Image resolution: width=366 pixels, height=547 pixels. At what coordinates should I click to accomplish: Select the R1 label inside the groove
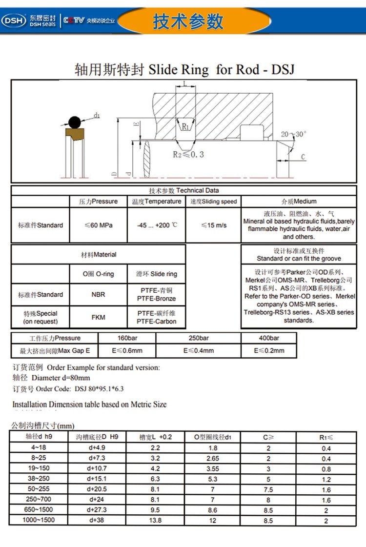(185, 127)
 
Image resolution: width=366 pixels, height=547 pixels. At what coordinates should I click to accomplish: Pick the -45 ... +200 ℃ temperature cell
(156, 225)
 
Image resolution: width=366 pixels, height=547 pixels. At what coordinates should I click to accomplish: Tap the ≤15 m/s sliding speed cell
(213, 225)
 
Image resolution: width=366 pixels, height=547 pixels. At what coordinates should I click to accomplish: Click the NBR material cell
(98, 295)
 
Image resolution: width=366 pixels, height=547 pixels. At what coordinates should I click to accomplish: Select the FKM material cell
(98, 317)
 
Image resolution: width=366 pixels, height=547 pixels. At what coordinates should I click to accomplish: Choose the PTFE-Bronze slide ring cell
(156, 295)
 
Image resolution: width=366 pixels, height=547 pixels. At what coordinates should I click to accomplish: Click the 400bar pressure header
(268, 338)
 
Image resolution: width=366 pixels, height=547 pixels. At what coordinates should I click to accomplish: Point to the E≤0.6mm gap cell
(127, 350)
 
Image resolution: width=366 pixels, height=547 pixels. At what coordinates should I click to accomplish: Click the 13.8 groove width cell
(156, 521)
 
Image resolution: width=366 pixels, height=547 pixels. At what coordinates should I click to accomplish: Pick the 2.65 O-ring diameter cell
(213, 459)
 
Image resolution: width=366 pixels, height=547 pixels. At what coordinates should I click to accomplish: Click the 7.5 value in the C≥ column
(268, 489)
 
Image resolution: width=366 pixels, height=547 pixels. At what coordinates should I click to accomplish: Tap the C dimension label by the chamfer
(303, 157)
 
